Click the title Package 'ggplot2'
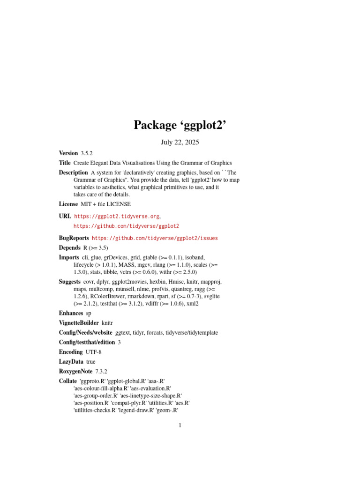click(x=180, y=125)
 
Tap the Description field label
click(x=73, y=172)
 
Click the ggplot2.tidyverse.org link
click(x=117, y=217)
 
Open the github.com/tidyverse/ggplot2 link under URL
click(x=126, y=226)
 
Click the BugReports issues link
click(x=155, y=238)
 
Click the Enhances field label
click(x=71, y=313)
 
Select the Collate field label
click(x=68, y=381)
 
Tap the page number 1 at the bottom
click(x=180, y=426)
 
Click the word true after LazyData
click(x=91, y=361)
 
